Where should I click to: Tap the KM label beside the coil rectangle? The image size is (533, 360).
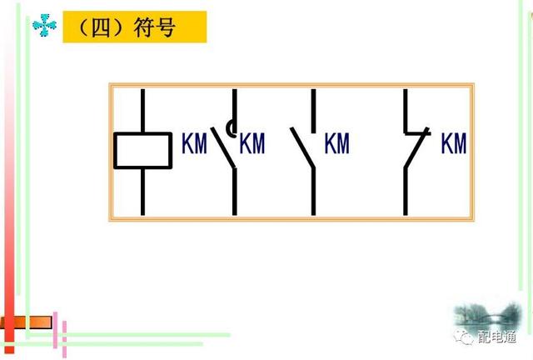(194, 143)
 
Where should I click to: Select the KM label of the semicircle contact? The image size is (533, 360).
(252, 143)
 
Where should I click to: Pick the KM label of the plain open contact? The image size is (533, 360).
(337, 143)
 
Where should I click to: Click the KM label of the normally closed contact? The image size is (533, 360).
(454, 143)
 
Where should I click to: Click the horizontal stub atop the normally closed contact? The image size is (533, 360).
(413, 132)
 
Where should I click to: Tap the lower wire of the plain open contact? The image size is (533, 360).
(313, 192)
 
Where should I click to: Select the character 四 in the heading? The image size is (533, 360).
(98, 27)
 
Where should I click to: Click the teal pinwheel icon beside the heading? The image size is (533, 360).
(44, 27)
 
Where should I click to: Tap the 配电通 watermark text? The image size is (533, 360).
(499, 337)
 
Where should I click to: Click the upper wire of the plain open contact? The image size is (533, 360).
(313, 108)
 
